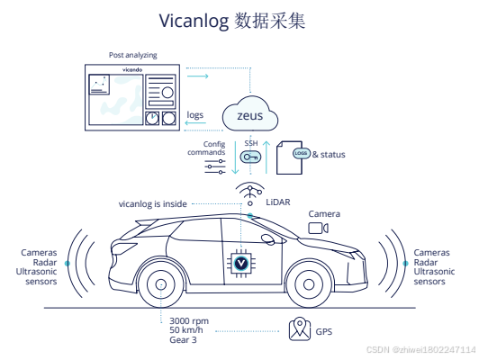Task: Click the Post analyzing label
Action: (x=132, y=55)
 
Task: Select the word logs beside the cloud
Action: (x=195, y=116)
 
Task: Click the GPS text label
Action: (x=324, y=332)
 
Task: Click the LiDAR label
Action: (x=277, y=203)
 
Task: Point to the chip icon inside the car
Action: (x=241, y=262)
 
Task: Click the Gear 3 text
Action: (x=184, y=341)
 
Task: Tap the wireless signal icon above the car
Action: (x=249, y=193)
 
